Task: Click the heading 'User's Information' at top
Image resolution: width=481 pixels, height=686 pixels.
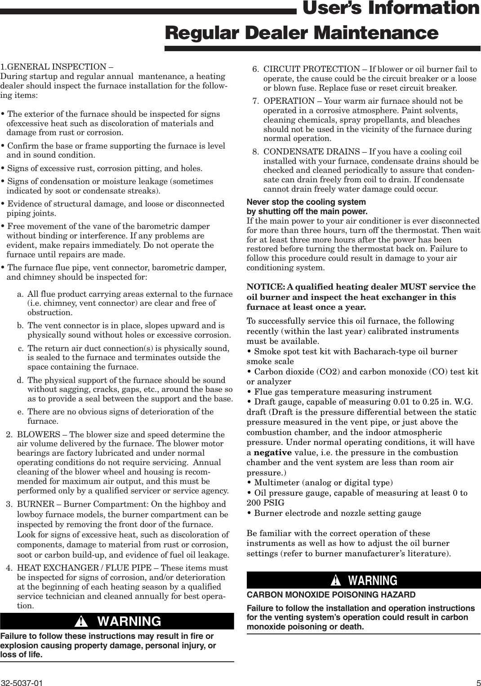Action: (x=389, y=9)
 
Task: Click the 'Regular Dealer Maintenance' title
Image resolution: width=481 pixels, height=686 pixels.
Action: (x=301, y=33)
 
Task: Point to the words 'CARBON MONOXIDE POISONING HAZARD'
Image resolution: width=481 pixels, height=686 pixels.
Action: (x=331, y=595)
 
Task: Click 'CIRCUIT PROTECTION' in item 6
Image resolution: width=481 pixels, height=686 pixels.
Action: (x=311, y=69)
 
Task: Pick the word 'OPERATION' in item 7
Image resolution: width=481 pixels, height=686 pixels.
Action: (x=289, y=101)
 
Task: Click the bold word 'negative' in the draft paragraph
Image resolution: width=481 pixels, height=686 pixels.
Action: (x=273, y=453)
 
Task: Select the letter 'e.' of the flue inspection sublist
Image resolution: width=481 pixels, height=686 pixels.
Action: (x=21, y=412)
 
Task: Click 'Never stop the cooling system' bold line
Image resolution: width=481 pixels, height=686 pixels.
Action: (x=306, y=202)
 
